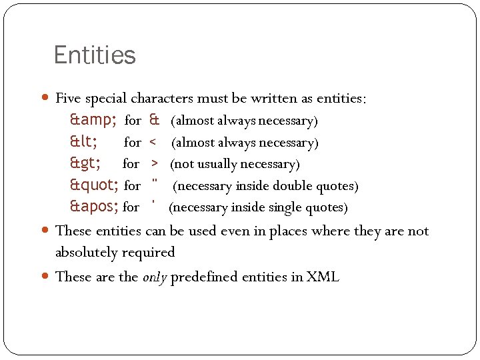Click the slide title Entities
[x=94, y=55]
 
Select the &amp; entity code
[x=94, y=121]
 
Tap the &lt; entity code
[x=84, y=142]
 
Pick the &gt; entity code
[x=86, y=163]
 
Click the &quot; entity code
[x=95, y=185]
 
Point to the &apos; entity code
[x=95, y=207]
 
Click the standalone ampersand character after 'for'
[x=154, y=121]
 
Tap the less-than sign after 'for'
[x=153, y=143]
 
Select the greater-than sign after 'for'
[x=154, y=164]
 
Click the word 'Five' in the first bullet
[x=68, y=99]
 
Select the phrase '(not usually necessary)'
[x=235, y=164]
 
